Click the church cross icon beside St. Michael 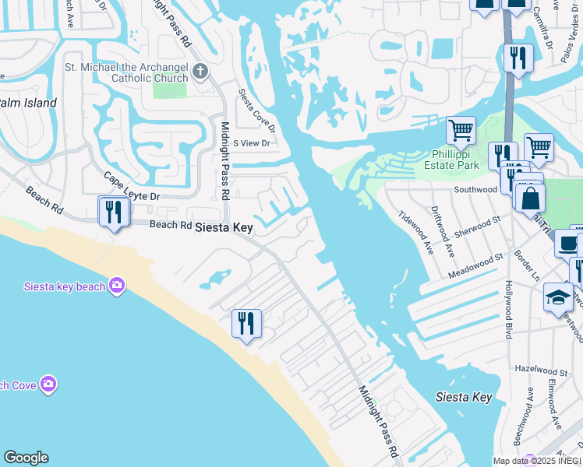click(200, 72)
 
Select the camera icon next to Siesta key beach click(117, 286)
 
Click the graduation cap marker click(557, 297)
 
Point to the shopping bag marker click(530, 198)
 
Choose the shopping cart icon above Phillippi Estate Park click(461, 130)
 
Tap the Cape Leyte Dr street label click(131, 187)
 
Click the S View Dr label click(252, 143)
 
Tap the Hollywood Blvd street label click(508, 309)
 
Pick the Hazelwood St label click(537, 367)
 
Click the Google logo click(26, 458)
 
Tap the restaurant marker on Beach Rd click(114, 212)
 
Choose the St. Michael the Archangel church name click(127, 72)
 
